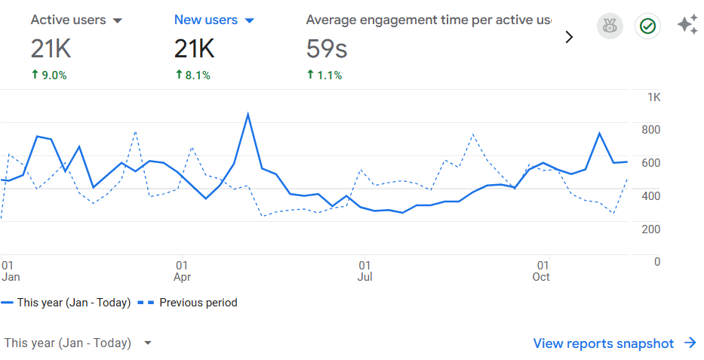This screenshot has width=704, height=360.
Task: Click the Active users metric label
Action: [x=67, y=20]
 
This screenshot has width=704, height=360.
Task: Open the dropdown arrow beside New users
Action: [x=250, y=21]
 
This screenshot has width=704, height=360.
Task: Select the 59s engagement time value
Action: [x=326, y=50]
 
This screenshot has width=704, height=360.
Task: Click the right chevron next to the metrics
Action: [x=569, y=37]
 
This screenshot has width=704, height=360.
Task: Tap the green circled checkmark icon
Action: [x=647, y=26]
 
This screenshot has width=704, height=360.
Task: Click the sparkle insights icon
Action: [x=687, y=25]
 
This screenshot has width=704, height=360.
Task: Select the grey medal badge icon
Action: [x=610, y=26]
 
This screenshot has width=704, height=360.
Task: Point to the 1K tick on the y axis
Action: [x=653, y=97]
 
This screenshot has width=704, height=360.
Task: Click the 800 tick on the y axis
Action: [x=650, y=130]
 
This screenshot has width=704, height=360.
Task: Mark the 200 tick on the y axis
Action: [x=650, y=229]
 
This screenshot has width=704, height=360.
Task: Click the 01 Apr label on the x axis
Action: [x=182, y=271]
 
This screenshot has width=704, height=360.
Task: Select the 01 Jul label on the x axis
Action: [x=364, y=271]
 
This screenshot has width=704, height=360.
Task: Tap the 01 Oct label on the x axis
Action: [x=542, y=271]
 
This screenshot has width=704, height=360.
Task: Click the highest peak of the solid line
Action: [x=247, y=115]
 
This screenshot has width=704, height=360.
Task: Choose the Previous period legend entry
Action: [x=189, y=303]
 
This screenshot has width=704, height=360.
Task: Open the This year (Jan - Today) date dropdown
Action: [x=78, y=343]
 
